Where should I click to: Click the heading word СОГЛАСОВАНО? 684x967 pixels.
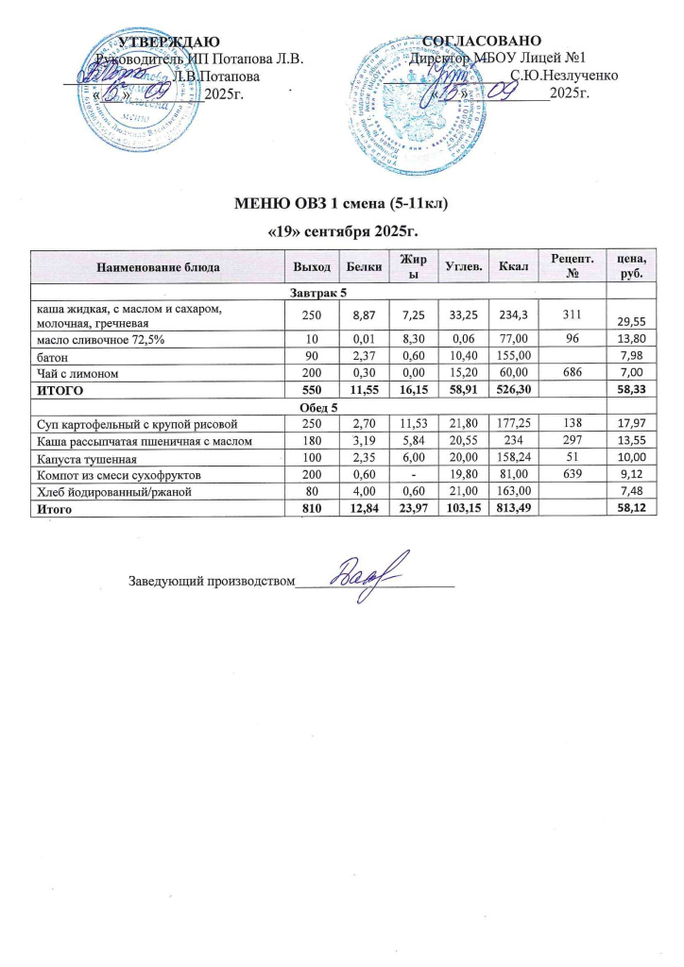pos(482,41)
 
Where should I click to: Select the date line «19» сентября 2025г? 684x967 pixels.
pos(341,230)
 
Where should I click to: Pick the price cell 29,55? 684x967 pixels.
pos(630,322)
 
